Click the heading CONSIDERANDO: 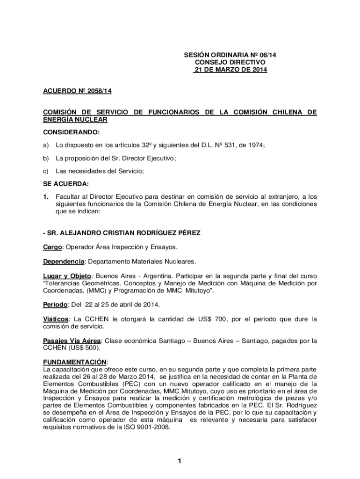pos(71,132)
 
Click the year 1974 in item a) pos(255,145)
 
